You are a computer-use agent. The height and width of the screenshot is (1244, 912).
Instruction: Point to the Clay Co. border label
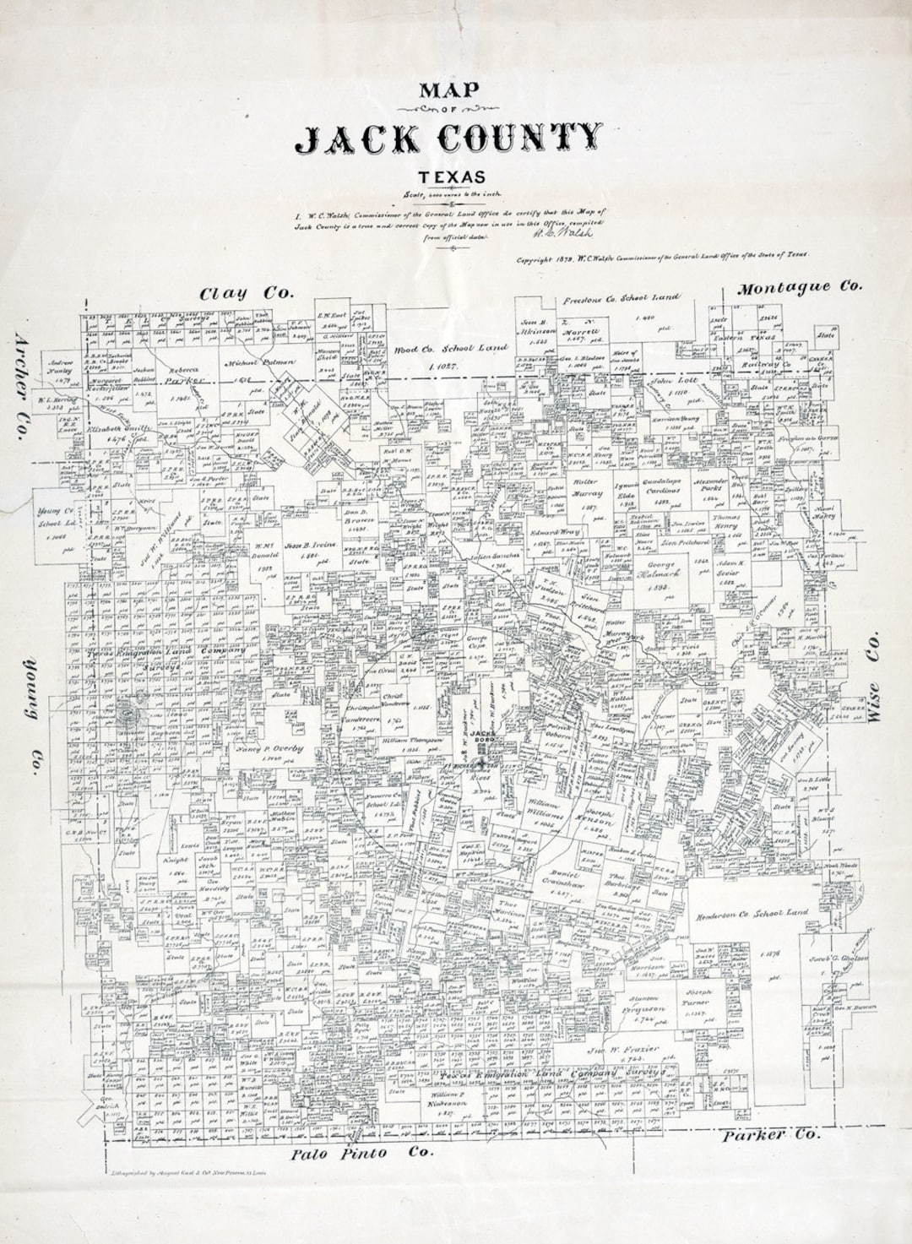(x=246, y=293)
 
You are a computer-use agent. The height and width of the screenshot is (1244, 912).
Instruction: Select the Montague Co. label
(x=800, y=287)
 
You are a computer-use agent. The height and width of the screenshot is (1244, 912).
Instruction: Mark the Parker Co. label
(x=769, y=1135)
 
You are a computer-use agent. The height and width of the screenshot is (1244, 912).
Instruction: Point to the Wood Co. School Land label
(x=451, y=348)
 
